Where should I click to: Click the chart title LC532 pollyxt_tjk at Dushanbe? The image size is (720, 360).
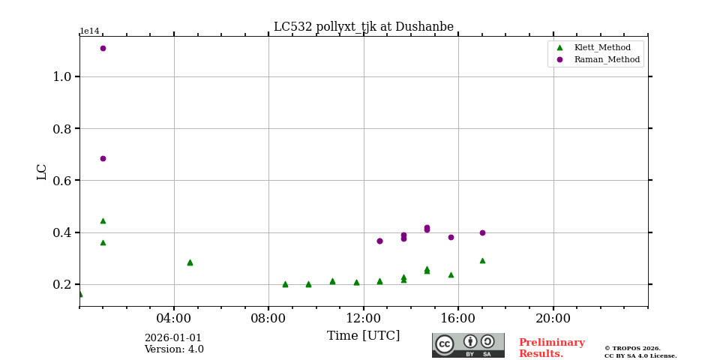click(x=363, y=27)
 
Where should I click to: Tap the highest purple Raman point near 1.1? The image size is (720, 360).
click(x=103, y=48)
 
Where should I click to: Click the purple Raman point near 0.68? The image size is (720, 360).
click(x=103, y=158)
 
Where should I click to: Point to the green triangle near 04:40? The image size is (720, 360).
click(x=190, y=262)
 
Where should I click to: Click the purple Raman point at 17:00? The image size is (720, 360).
click(x=482, y=232)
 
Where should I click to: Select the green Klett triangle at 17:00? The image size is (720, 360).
click(x=482, y=260)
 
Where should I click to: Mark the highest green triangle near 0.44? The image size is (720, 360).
click(x=103, y=220)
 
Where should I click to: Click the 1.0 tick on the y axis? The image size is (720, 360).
click(x=62, y=76)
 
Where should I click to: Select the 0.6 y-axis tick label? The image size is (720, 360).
click(x=62, y=180)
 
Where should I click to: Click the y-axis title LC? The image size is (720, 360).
click(x=42, y=172)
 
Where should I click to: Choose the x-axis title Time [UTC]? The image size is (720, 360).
click(x=364, y=336)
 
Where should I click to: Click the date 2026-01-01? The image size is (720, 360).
click(x=173, y=338)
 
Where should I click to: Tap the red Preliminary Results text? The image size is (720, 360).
click(x=551, y=348)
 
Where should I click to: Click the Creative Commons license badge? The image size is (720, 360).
click(x=468, y=345)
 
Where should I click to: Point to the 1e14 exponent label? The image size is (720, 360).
click(x=89, y=31)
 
